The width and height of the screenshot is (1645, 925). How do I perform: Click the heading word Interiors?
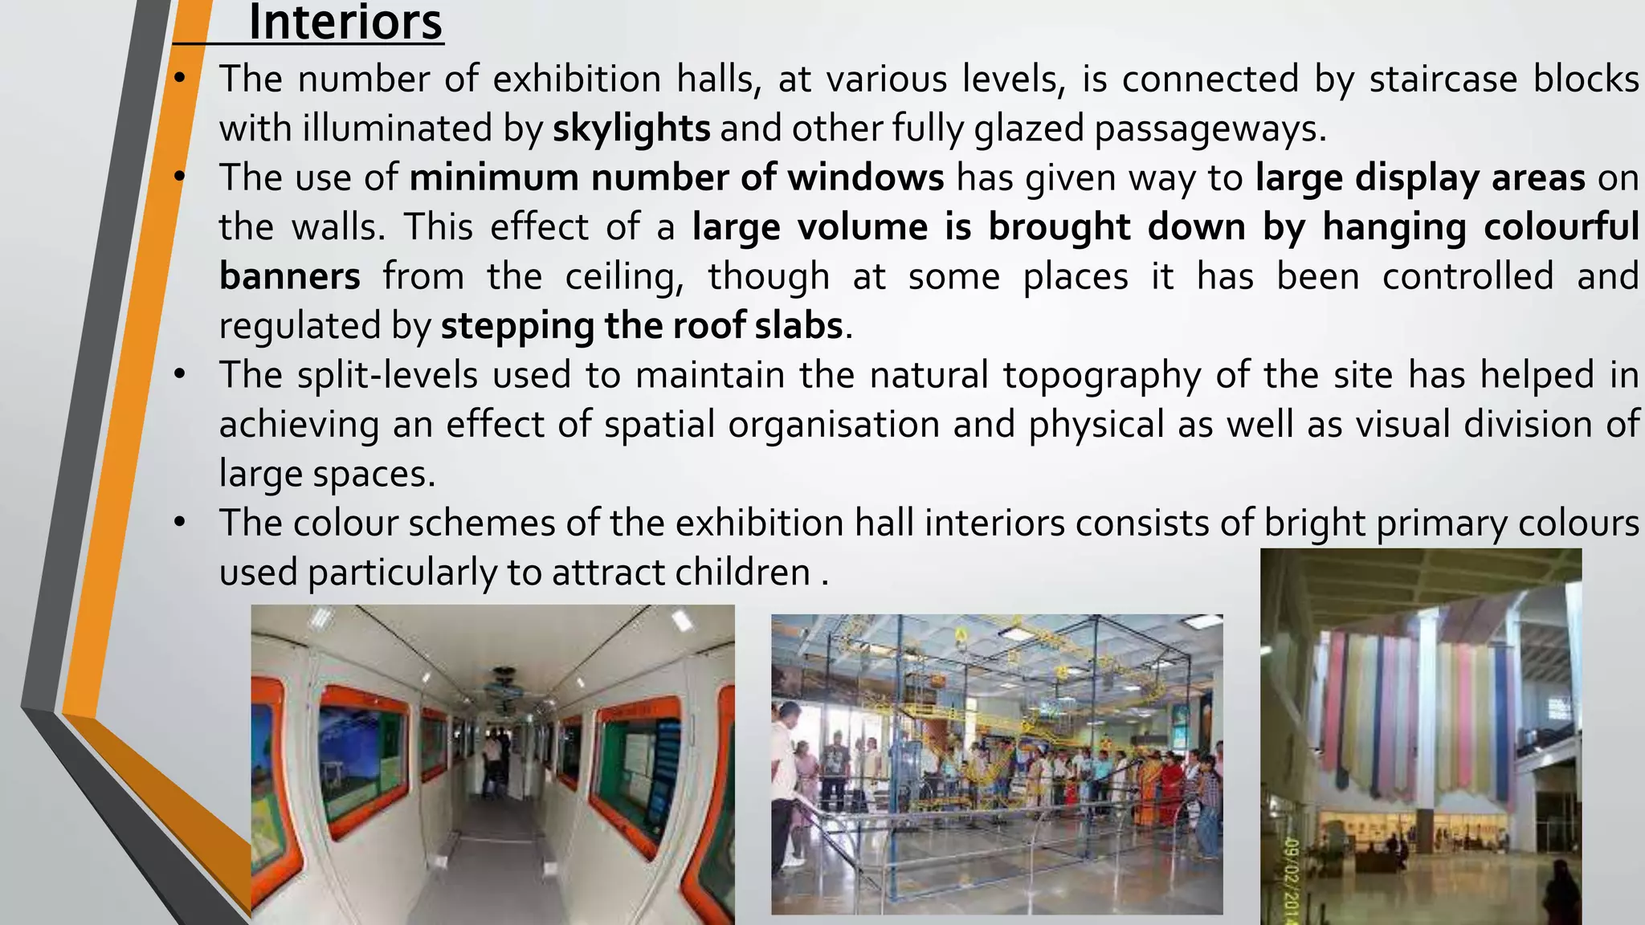tap(345, 22)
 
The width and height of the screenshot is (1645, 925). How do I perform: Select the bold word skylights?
tap(631, 128)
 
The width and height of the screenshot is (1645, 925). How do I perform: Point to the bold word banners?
tap(289, 277)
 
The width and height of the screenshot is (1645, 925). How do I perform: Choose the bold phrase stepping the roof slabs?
tap(642, 326)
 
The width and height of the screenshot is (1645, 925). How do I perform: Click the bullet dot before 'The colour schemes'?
tap(180, 524)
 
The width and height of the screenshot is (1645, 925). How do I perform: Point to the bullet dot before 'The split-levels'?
tap(180, 375)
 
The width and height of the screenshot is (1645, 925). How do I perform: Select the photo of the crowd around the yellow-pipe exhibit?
tap(997, 764)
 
